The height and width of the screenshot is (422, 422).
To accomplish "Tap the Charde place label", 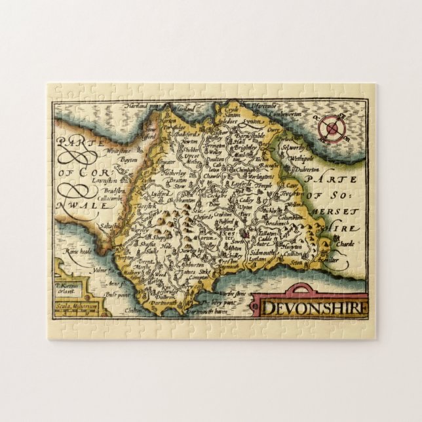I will (x=344, y=244).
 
